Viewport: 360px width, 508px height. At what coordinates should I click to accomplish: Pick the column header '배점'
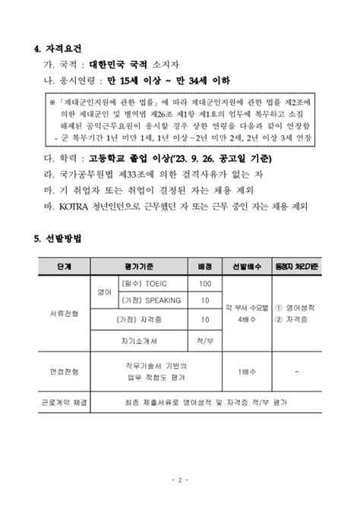204,267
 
